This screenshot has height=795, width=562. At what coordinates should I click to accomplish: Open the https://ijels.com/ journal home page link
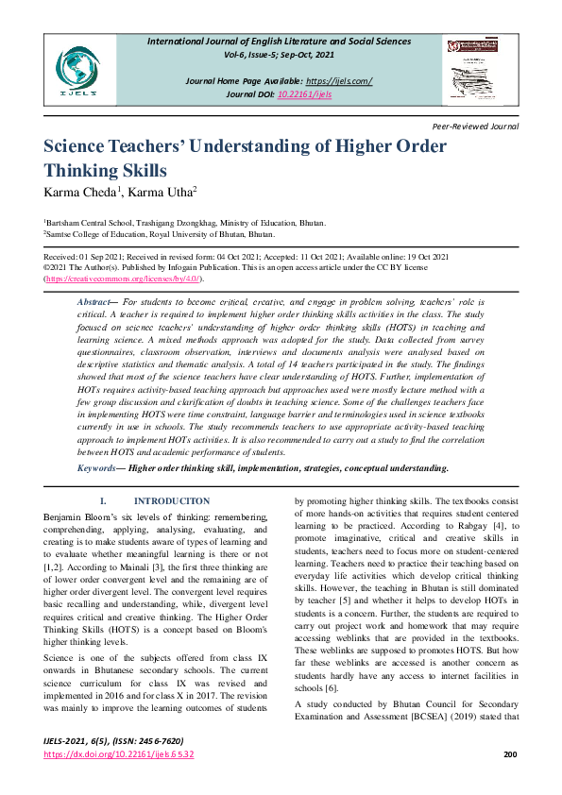[x=339, y=81]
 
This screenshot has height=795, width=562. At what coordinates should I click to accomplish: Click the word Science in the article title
[x=82, y=147]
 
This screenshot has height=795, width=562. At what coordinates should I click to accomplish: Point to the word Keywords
[x=96, y=467]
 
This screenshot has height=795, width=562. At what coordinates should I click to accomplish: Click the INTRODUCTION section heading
[x=172, y=500]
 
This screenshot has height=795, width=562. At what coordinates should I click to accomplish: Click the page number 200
[x=511, y=781]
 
